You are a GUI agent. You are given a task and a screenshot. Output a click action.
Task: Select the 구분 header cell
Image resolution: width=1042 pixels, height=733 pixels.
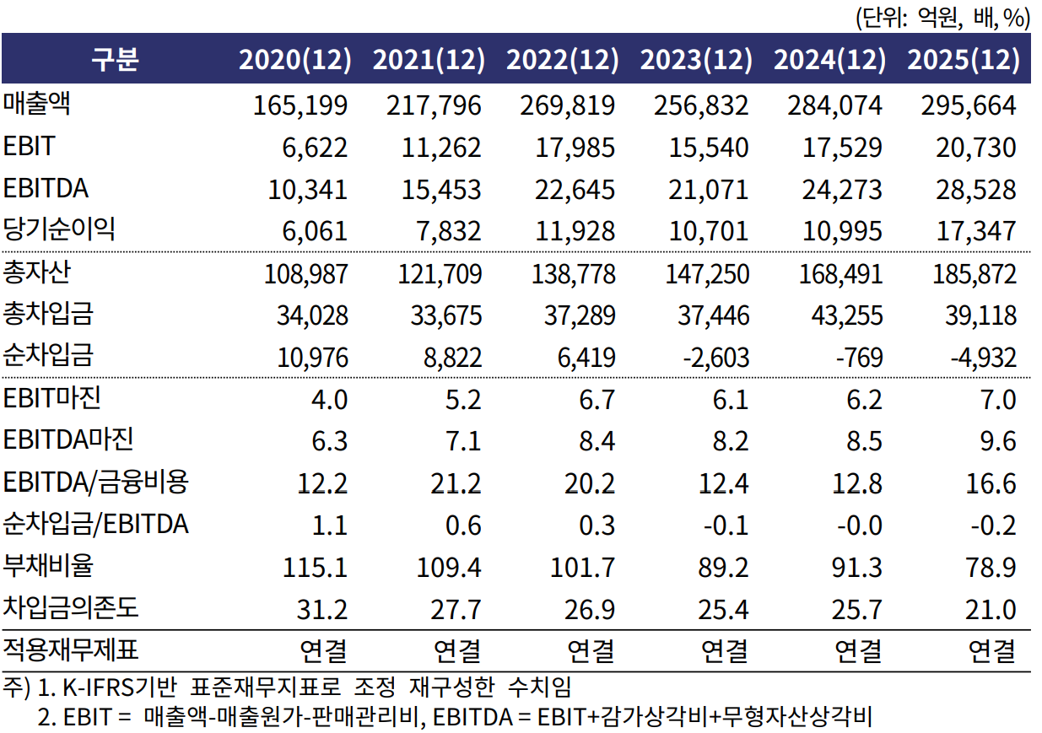pos(114,60)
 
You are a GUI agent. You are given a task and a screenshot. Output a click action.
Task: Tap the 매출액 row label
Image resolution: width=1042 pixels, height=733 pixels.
pos(36,104)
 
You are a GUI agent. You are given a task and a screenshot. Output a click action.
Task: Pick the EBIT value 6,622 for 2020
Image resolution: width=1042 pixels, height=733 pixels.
pos(316,148)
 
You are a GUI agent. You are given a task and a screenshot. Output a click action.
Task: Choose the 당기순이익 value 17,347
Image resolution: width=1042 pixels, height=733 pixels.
pos(975,231)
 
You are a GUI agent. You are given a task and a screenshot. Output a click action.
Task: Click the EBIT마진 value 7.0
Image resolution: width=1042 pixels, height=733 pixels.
pos(997,400)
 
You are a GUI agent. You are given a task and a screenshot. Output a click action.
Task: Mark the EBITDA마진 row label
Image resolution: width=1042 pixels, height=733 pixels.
pos(69,440)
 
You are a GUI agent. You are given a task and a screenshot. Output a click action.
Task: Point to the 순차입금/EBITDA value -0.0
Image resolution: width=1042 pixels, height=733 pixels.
pos(856,525)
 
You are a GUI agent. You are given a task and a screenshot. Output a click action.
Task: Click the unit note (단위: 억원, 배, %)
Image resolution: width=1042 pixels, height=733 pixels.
pos(943,17)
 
